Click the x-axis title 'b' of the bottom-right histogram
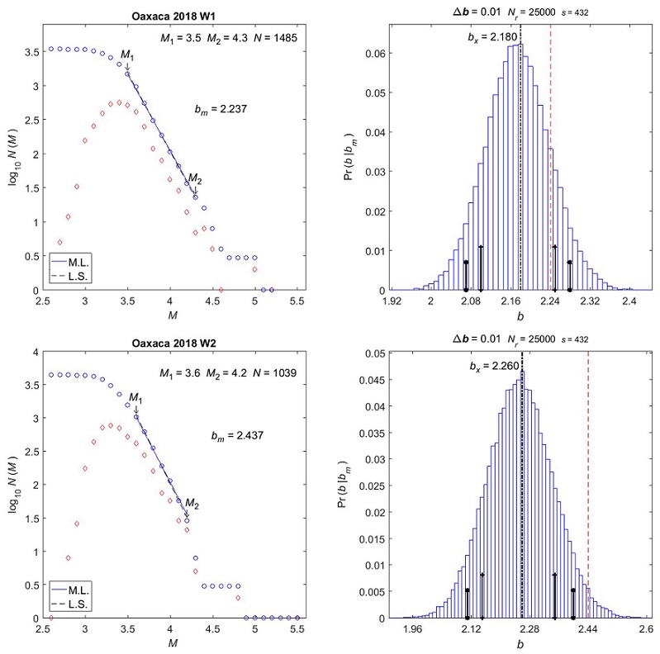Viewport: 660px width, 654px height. coord(520,644)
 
